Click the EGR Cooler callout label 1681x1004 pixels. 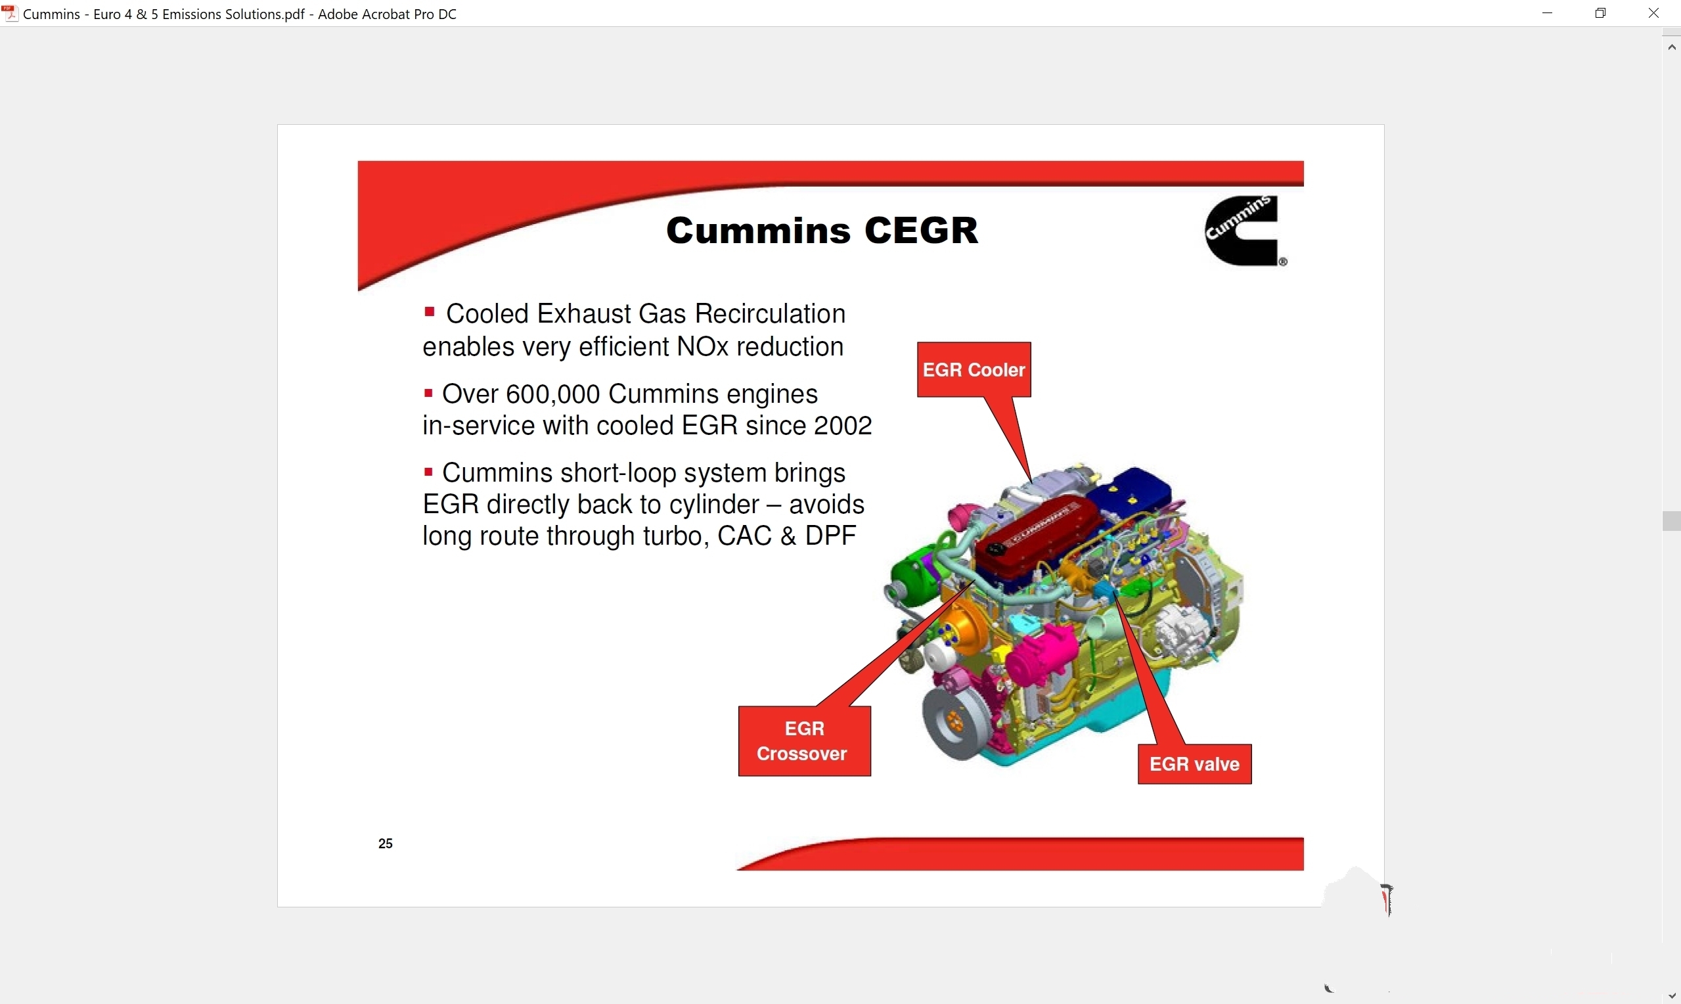click(974, 370)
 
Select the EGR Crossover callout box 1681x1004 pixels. click(804, 741)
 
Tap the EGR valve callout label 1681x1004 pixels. click(1194, 765)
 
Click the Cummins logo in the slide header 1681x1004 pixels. click(1245, 231)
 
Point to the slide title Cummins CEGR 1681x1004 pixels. click(822, 231)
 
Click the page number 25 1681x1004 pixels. click(386, 844)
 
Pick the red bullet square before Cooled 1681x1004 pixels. click(429, 312)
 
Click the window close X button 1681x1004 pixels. click(1653, 14)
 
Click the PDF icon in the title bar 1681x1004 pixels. click(10, 14)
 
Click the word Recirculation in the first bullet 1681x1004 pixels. click(769, 314)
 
